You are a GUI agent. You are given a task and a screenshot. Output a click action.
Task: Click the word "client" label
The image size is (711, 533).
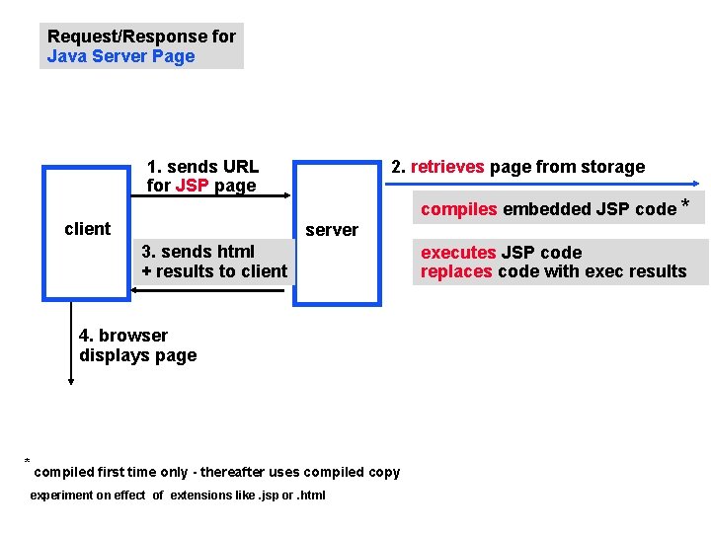click(x=87, y=229)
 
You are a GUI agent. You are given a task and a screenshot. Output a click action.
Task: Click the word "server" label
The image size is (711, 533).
click(x=332, y=230)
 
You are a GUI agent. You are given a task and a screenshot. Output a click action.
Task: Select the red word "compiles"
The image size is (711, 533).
click(x=459, y=208)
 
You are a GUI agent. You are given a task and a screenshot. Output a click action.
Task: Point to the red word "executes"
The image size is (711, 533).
click(x=458, y=253)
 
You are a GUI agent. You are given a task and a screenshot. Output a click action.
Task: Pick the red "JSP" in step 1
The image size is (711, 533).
click(x=191, y=186)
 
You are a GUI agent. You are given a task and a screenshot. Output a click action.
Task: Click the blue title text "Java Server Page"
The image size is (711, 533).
click(x=121, y=56)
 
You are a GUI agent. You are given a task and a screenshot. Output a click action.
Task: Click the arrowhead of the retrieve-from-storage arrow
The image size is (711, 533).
click(x=696, y=184)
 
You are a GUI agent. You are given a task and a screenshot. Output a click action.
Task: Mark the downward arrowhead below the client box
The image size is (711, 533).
click(x=71, y=380)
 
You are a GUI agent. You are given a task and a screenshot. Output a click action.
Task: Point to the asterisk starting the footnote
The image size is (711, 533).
click(x=28, y=462)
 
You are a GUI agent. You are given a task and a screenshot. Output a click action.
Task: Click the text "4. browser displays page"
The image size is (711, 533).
click(x=137, y=345)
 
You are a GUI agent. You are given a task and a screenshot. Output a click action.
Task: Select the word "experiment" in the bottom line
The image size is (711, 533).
click(x=61, y=495)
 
